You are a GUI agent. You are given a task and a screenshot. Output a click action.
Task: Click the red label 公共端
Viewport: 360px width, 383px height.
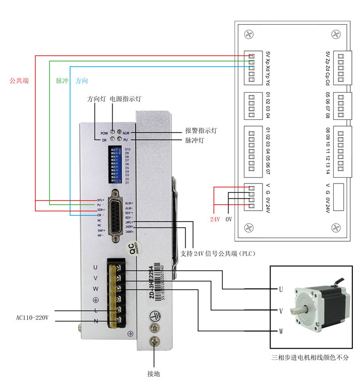pos(19,81)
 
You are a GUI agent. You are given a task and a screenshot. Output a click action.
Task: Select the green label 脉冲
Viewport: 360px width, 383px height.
pos(62,81)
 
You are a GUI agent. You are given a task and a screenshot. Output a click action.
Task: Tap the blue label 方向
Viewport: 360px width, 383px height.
pos(82,81)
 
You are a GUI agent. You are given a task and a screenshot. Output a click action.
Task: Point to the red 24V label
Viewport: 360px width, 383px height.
pos(215,219)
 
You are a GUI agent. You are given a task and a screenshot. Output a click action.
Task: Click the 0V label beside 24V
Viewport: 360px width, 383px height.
pos(230,219)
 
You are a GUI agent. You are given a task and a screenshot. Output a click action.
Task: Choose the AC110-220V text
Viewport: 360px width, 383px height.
pos(32,317)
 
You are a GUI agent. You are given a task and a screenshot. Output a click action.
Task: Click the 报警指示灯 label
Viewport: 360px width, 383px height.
pos(201,131)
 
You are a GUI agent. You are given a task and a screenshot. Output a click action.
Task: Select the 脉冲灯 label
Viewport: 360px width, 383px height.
pos(195,140)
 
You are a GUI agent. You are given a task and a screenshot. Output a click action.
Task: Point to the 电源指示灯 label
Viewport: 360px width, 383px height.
pos(125,99)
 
